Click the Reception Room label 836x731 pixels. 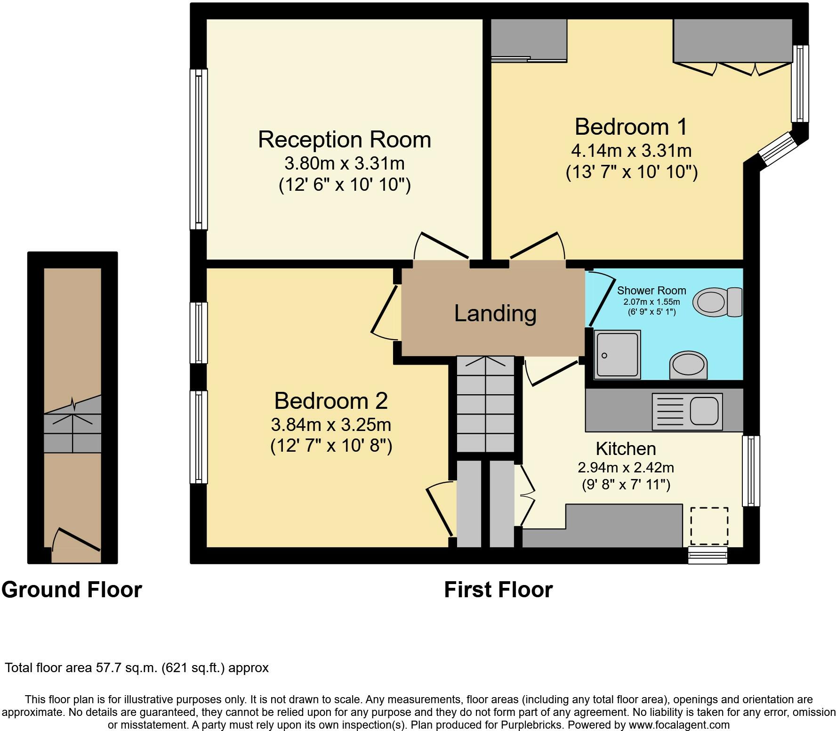click(345, 140)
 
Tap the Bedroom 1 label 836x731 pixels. click(631, 127)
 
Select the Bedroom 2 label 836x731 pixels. click(331, 401)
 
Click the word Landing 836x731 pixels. click(495, 313)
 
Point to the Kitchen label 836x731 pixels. click(626, 448)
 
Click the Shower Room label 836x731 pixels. click(651, 291)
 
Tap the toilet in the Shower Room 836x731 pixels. click(719, 302)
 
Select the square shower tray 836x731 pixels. click(618, 355)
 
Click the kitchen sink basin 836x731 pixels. click(704, 411)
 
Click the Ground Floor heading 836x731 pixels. click(72, 590)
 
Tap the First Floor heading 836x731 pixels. click(498, 590)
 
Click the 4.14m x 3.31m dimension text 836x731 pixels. click(631, 151)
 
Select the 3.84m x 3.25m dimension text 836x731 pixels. click(331, 425)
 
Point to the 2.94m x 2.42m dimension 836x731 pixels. click(626, 468)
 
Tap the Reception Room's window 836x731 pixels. click(199, 149)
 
